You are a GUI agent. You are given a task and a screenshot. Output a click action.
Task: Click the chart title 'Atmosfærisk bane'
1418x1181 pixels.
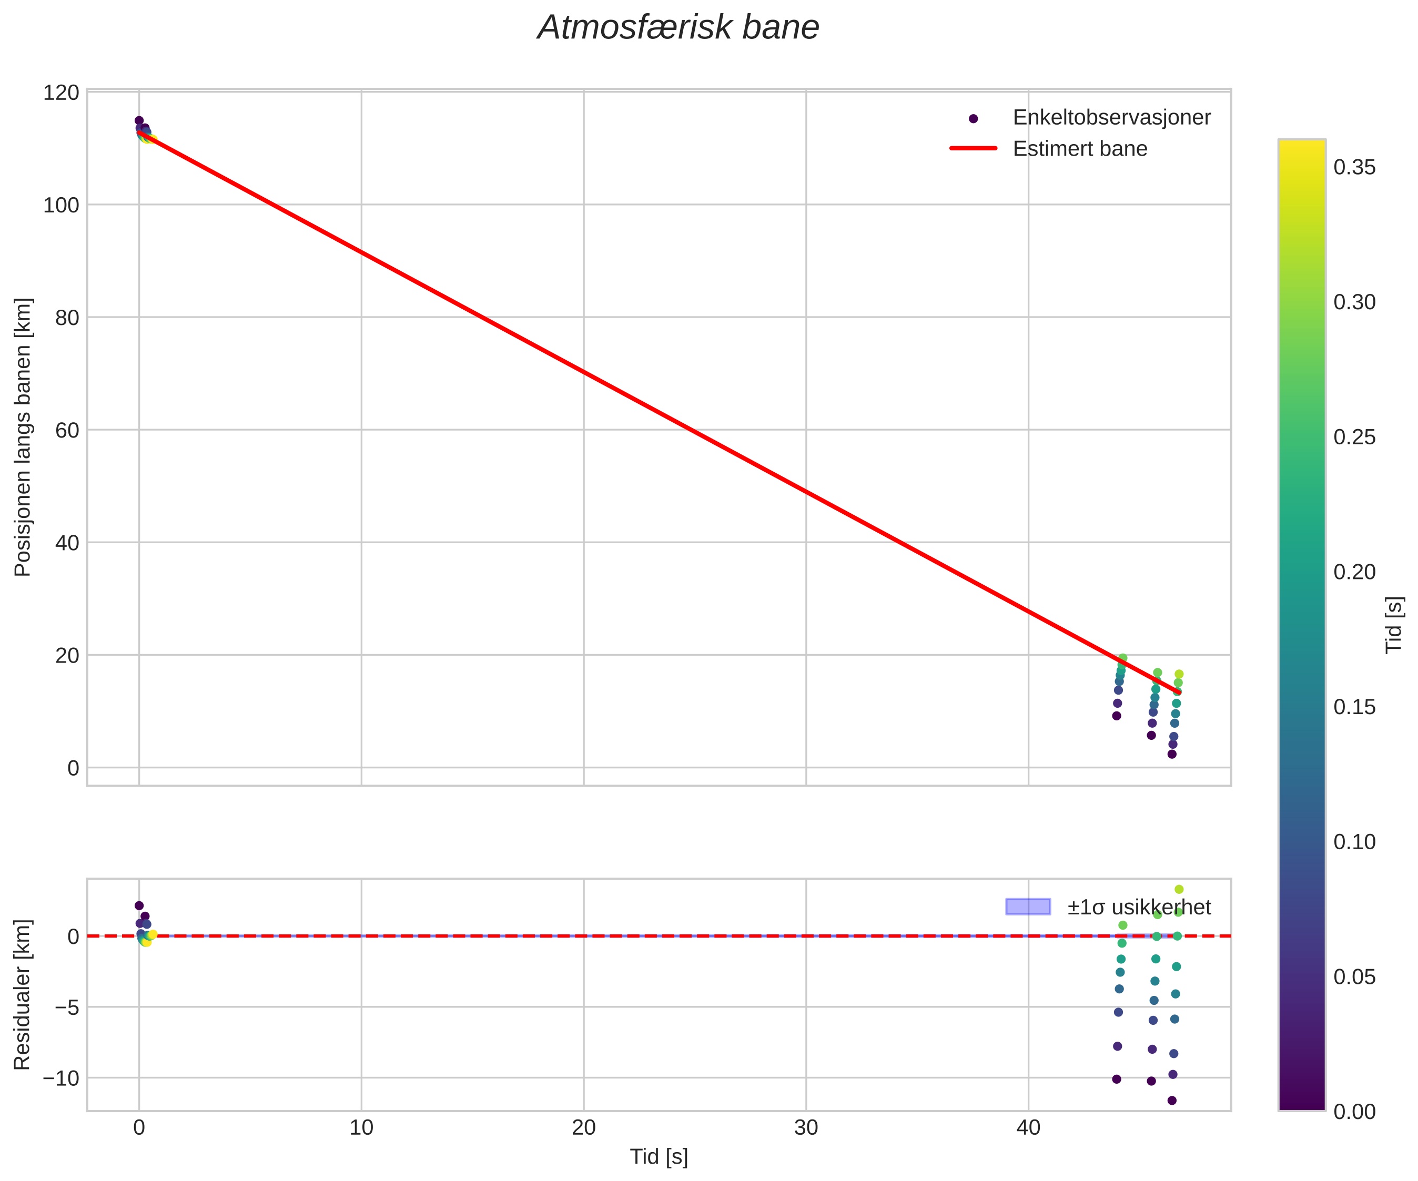pos(678,28)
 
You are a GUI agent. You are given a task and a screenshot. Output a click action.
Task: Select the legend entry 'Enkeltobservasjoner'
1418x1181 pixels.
pos(1111,117)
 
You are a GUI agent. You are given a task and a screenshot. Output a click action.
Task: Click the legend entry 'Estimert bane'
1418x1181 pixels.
pos(1080,149)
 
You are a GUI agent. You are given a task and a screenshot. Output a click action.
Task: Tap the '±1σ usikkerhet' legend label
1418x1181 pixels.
pos(1139,907)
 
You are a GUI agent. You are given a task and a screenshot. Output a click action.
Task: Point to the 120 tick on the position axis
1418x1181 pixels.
pos(61,93)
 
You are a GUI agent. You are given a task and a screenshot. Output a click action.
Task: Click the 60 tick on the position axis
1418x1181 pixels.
pos(67,430)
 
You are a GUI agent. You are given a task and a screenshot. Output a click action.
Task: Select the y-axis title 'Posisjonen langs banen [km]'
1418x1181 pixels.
pos(23,437)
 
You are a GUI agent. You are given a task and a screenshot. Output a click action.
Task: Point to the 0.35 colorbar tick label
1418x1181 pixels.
pos(1354,167)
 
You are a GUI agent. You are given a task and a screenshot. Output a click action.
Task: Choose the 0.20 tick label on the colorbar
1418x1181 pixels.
pos(1354,572)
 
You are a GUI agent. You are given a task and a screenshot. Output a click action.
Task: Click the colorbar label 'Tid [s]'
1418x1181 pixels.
pos(1394,625)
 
